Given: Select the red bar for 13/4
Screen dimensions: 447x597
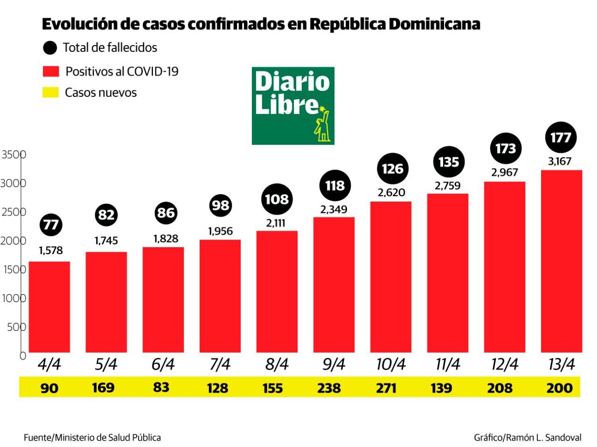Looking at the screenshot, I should point(561,261).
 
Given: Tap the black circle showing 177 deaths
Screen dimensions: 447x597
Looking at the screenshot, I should point(561,138).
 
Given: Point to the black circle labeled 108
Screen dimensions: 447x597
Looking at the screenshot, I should point(277,199).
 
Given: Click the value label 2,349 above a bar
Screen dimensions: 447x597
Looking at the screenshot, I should point(333,210).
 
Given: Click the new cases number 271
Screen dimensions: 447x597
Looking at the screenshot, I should point(386,387).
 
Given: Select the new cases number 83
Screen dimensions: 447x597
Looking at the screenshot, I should point(161,387).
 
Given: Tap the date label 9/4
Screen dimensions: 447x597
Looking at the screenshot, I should point(333,364).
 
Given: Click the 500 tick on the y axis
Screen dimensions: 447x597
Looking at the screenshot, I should point(16,327).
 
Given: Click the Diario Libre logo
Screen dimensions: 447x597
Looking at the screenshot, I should point(293,106).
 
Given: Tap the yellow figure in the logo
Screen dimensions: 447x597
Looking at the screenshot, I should point(322,124).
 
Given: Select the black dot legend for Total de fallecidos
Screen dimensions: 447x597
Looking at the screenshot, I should point(49,47).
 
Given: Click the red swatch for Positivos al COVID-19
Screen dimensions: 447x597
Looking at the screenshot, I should point(50,71).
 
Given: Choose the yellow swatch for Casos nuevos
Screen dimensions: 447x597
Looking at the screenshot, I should point(50,92).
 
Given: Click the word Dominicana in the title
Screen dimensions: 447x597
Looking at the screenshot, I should point(434,24).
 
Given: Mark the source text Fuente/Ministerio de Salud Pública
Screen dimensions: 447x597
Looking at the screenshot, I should point(92,438).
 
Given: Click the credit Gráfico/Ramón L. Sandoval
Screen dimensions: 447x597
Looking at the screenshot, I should point(528,438).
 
